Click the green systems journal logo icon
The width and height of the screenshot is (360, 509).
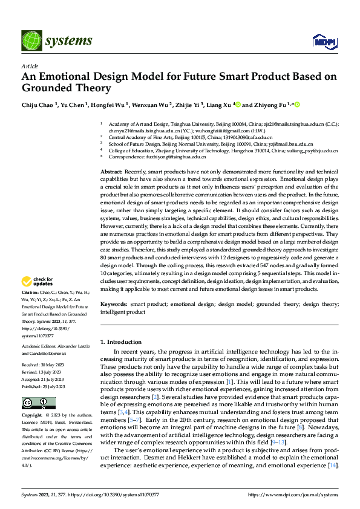coord(31,41)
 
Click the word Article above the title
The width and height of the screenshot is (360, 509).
coord(30,66)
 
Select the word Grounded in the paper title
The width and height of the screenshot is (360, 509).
coord(46,88)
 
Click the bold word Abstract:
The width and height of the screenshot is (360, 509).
coord(111,172)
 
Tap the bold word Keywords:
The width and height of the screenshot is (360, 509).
coord(113,304)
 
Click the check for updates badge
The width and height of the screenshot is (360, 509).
coord(36,281)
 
